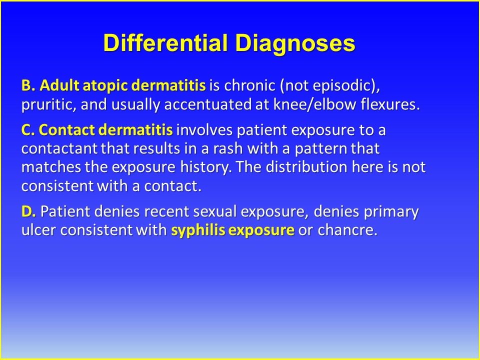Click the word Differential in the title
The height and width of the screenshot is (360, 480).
tap(166, 42)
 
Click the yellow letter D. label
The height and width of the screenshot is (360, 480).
tap(28, 211)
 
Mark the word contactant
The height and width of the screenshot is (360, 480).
tap(59, 149)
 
